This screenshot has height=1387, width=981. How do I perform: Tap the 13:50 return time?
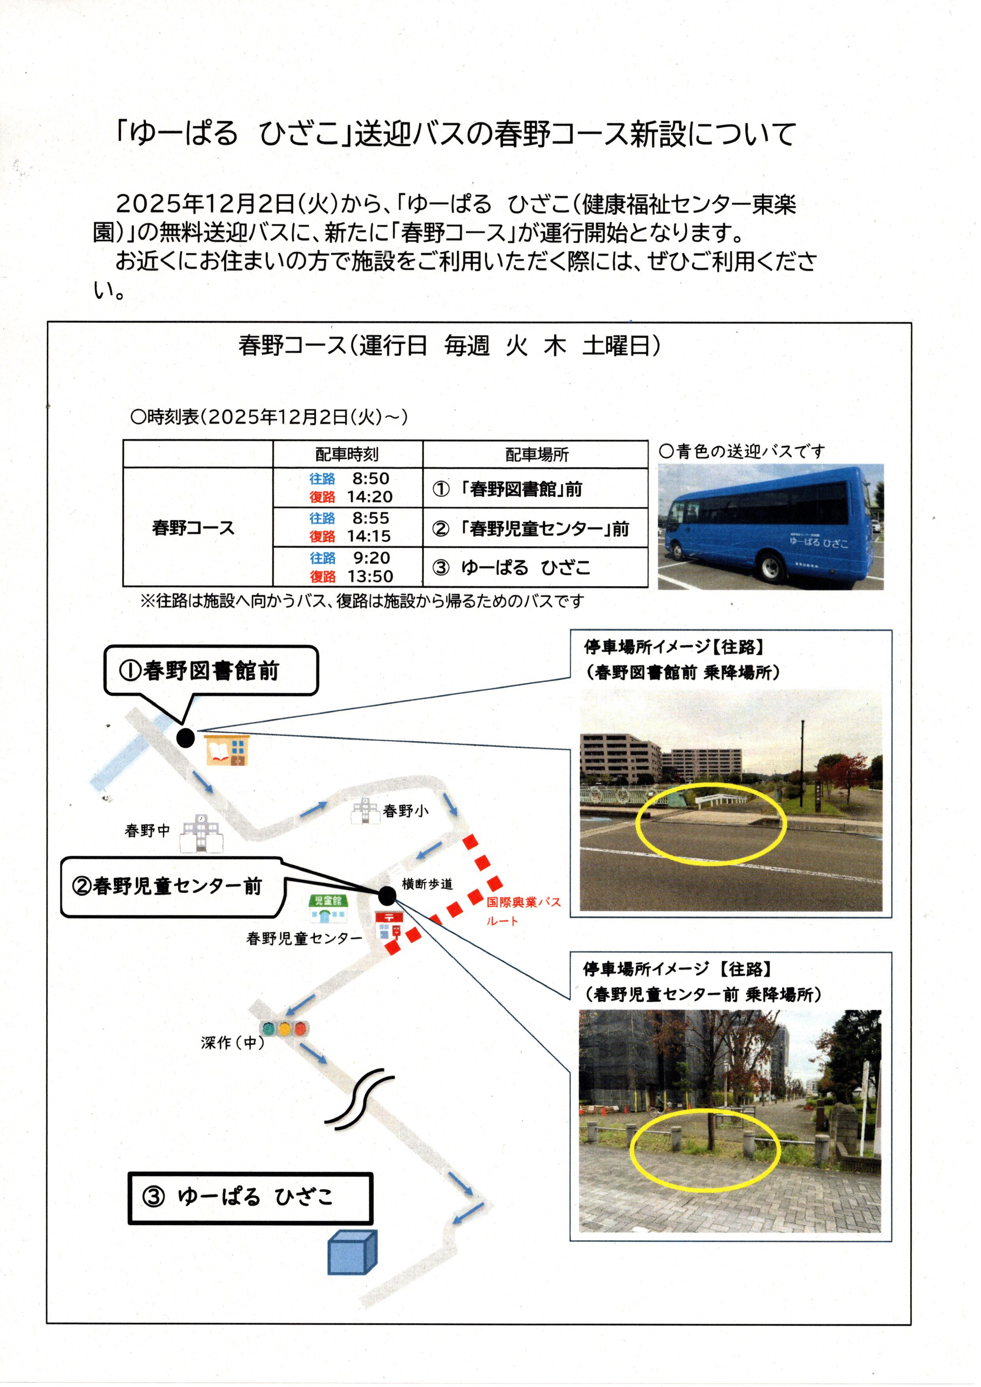coord(370,576)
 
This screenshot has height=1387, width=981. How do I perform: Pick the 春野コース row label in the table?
coord(193,528)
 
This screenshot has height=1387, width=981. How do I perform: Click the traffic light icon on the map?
coord(284,1028)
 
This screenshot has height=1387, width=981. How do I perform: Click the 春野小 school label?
coord(405,811)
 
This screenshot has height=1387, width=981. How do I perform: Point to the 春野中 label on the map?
coord(147,830)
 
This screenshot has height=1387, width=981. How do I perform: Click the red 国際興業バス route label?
coord(523,911)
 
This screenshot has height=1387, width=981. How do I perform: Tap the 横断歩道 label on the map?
coord(427,884)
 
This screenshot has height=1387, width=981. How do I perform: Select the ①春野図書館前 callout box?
coord(211,671)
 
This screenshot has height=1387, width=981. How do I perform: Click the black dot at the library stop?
coord(185,737)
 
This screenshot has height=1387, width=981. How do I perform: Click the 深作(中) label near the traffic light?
coord(232,1042)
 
